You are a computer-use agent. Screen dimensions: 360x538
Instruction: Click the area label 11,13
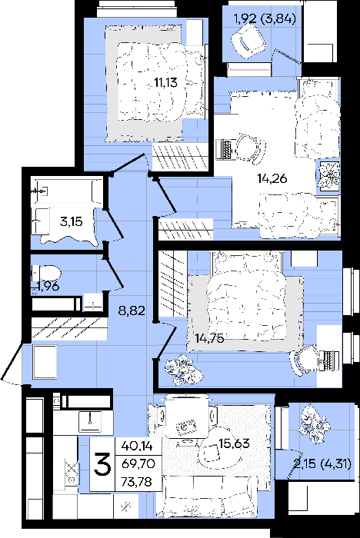(x=165, y=82)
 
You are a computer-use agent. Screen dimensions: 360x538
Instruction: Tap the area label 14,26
(x=272, y=178)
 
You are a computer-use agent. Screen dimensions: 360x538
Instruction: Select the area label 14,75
(x=209, y=338)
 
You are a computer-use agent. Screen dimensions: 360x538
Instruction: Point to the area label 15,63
(x=235, y=443)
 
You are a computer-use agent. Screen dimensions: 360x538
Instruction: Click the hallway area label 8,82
(x=132, y=311)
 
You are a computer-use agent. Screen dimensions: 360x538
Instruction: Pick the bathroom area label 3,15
(x=71, y=221)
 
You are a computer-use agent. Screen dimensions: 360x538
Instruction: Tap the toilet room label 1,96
(x=48, y=286)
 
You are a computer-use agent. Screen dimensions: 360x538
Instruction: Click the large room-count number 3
(x=102, y=463)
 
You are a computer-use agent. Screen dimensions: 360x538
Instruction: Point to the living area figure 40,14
(x=136, y=446)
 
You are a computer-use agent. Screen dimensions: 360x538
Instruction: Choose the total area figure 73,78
(x=136, y=481)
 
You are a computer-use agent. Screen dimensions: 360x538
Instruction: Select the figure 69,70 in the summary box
(x=138, y=463)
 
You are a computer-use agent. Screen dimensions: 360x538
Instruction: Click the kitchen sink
(x=90, y=421)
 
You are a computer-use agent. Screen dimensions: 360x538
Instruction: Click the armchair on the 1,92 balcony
(x=248, y=42)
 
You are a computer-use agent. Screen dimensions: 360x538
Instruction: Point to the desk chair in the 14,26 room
(x=251, y=148)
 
